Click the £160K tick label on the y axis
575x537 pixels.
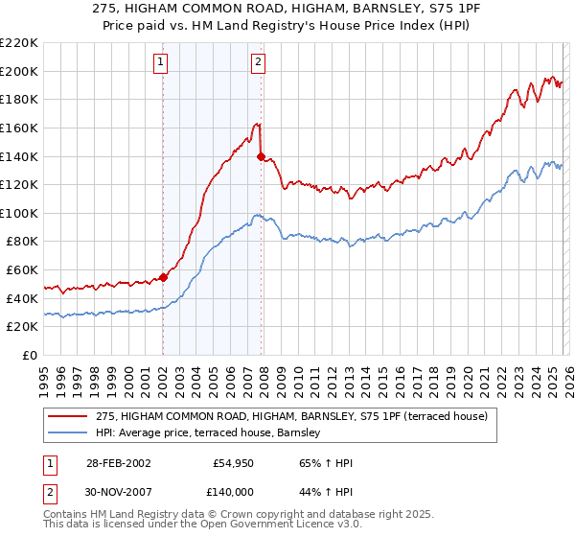[x=19, y=128]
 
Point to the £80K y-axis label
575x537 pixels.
[x=22, y=242]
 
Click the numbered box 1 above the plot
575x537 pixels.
[x=162, y=63]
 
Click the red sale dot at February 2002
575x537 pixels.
[x=163, y=277]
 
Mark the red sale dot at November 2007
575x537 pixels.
[x=261, y=156]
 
